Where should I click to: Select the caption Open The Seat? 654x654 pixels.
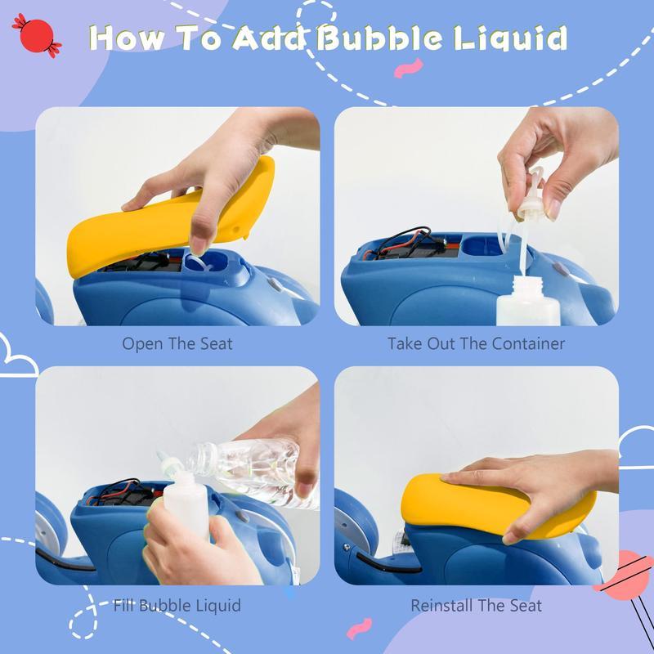[x=177, y=343]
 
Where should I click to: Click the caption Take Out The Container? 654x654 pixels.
[x=476, y=343]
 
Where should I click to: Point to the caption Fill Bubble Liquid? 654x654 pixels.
[x=177, y=606]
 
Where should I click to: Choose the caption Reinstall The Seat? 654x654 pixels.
[x=476, y=606]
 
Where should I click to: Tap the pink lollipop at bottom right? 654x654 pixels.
[x=629, y=572]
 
